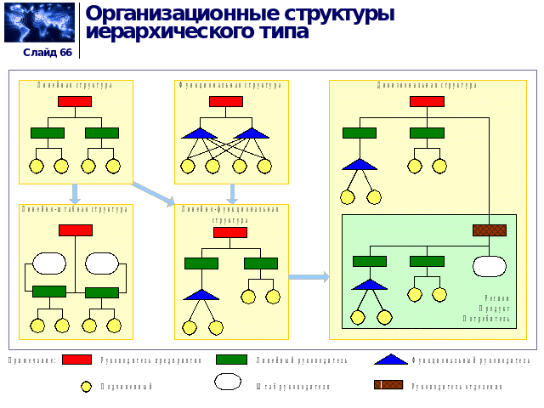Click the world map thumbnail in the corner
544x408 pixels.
tap(39, 23)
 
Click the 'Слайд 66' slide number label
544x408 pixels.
tap(48, 53)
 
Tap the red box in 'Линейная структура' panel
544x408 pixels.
tap(75, 102)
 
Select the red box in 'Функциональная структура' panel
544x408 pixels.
tap(225, 102)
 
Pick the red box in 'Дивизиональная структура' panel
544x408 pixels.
tap(427, 102)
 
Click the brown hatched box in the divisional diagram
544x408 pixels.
tap(490, 230)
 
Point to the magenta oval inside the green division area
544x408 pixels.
tap(490, 265)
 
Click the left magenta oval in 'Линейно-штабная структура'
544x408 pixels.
tap(48, 263)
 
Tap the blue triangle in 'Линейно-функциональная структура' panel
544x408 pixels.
tap(201, 294)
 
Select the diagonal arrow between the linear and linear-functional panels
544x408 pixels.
tap(154, 195)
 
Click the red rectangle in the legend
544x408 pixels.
tap(76, 360)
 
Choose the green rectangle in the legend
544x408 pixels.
tap(231, 360)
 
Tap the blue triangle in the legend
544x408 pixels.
tap(390, 360)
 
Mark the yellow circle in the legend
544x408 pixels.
tap(86, 387)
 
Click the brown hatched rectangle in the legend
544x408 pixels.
tap(388, 385)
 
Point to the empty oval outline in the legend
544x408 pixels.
tap(228, 382)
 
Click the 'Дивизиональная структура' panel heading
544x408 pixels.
tap(427, 85)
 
